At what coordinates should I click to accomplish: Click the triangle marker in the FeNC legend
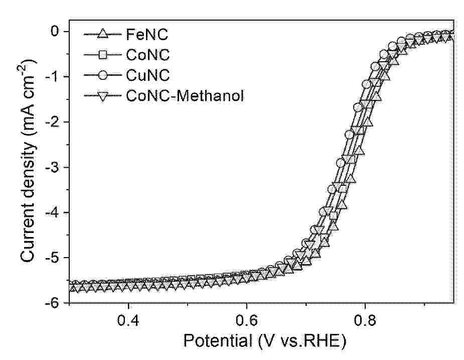click(102, 35)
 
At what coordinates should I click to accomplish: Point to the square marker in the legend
click(102, 55)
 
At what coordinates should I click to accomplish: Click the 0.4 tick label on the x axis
click(128, 319)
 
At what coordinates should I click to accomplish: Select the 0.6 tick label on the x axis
click(247, 319)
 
